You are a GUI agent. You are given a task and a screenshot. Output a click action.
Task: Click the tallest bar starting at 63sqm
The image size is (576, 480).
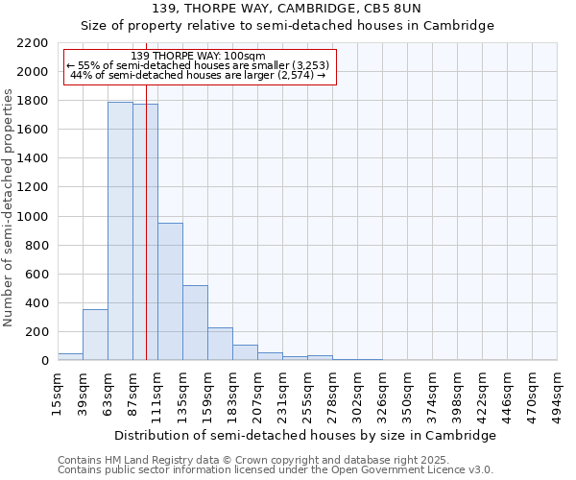[120, 230]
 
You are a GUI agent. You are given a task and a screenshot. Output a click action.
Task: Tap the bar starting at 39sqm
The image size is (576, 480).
[95, 335]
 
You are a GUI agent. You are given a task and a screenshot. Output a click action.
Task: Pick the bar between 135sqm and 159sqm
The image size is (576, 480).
[195, 323]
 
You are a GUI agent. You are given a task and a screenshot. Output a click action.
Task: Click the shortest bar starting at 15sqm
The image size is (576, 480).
[70, 357]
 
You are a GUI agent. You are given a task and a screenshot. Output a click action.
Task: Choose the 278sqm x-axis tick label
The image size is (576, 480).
[332, 395]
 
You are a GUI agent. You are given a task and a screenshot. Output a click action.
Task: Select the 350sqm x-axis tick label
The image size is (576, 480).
[407, 395]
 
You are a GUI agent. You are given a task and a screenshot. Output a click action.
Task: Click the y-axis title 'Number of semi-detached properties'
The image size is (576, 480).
[10, 207]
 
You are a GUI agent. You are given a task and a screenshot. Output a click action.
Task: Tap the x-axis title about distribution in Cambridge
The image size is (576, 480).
[306, 435]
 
